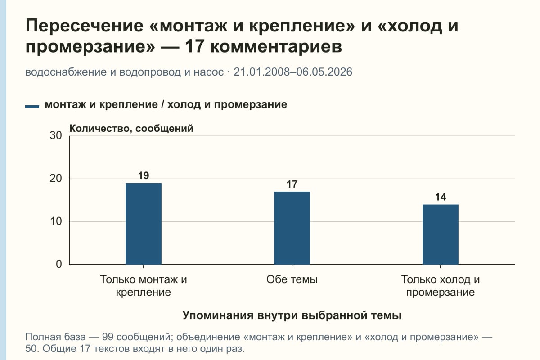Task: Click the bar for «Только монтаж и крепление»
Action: [x=144, y=224]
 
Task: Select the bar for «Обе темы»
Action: [x=292, y=228]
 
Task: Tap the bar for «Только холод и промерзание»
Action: [x=441, y=234]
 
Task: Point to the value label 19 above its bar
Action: [x=144, y=175]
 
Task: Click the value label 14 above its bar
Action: [x=441, y=197]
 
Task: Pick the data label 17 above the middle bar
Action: [x=292, y=184]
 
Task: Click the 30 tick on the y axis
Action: [x=56, y=135]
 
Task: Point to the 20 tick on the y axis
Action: [x=56, y=179]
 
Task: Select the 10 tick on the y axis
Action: [x=56, y=221]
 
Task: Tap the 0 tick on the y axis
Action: [x=59, y=264]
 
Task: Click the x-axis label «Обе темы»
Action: [x=292, y=279]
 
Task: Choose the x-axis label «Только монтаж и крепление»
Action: [x=144, y=286]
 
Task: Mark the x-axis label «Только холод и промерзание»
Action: [x=441, y=286]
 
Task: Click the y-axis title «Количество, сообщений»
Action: [x=131, y=129]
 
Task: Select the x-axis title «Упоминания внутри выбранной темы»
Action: [x=292, y=315]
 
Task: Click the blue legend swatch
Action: [x=32, y=107]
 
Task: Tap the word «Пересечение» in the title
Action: [x=85, y=26]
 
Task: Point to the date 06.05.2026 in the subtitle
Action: [x=324, y=72]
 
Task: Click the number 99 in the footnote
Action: [x=108, y=337]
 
